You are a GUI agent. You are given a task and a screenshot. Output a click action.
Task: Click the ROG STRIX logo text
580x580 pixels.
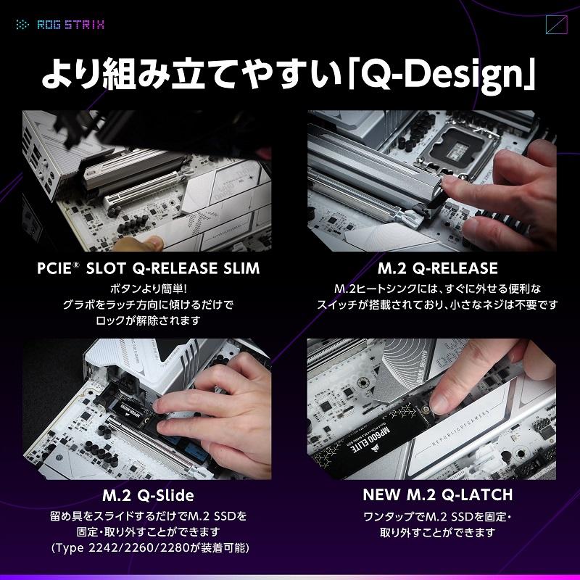point(70,25)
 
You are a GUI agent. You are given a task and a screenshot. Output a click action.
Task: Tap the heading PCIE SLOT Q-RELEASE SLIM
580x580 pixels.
point(149,268)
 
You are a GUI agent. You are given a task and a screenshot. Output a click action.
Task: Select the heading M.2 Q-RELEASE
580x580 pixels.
point(438,268)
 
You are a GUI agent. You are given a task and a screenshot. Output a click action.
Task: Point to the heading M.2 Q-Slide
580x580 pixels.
point(148,496)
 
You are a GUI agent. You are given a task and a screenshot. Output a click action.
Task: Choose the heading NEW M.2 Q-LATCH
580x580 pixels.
point(438,494)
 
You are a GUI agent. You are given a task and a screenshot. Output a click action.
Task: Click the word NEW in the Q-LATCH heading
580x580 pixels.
point(381,494)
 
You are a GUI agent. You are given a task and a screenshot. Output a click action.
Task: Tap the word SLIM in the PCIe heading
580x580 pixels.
point(241,268)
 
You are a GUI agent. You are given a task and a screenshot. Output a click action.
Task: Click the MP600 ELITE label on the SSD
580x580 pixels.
point(370,440)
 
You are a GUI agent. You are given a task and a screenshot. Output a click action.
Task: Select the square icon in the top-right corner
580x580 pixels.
point(556,25)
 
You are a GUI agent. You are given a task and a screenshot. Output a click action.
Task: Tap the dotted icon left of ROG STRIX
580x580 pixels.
point(23,25)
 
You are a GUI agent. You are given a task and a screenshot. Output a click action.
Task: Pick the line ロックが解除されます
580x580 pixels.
point(148,320)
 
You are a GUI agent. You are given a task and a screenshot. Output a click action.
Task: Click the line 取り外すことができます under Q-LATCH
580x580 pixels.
point(438,532)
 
